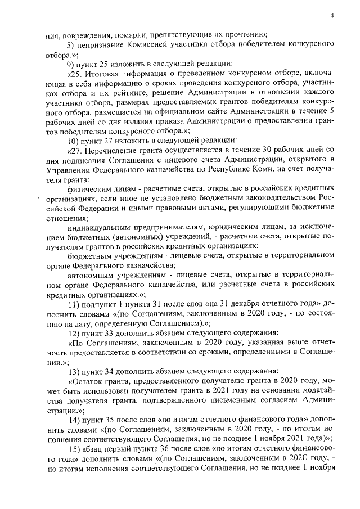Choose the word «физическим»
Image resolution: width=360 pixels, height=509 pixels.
click(x=88, y=191)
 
